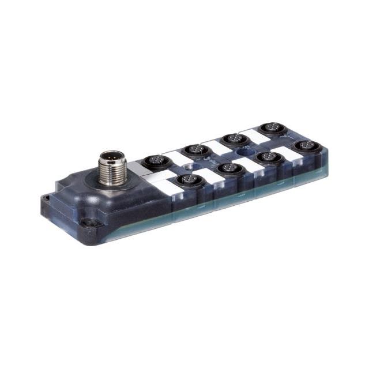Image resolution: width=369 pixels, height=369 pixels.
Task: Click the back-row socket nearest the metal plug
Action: tap(154, 161)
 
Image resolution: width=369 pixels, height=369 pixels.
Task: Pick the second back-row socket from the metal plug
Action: tap(194, 150)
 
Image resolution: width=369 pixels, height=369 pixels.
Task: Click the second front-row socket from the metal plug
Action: tap(229, 168)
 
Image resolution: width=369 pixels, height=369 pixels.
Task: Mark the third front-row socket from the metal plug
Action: tap(266, 156)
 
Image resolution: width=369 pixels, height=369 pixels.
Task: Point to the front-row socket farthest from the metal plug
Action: tap(303, 145)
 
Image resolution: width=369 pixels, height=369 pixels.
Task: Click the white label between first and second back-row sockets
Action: tap(174, 155)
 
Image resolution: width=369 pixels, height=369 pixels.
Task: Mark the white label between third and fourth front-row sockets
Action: tap(284, 152)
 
